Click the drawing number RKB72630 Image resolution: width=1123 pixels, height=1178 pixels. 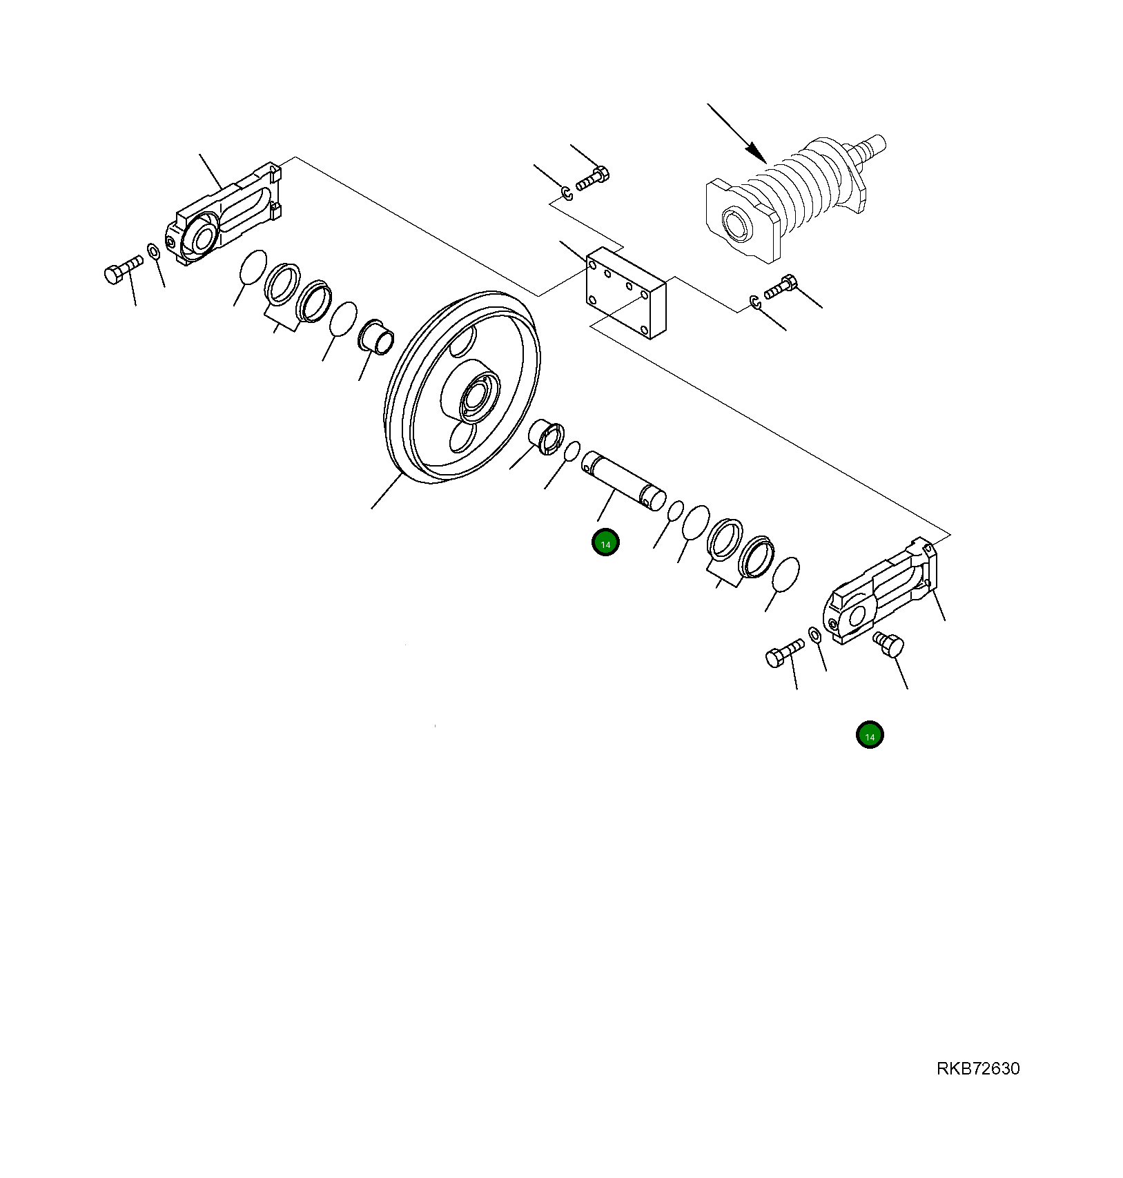pos(977,1068)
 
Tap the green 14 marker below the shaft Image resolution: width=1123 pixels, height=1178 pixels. pos(605,543)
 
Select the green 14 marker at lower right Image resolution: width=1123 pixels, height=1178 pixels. pos(870,736)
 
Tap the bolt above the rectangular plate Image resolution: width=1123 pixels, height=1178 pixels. pos(592,178)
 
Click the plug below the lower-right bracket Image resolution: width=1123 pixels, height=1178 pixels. pos(888,645)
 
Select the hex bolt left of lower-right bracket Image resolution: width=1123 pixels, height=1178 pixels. pos(785,653)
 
